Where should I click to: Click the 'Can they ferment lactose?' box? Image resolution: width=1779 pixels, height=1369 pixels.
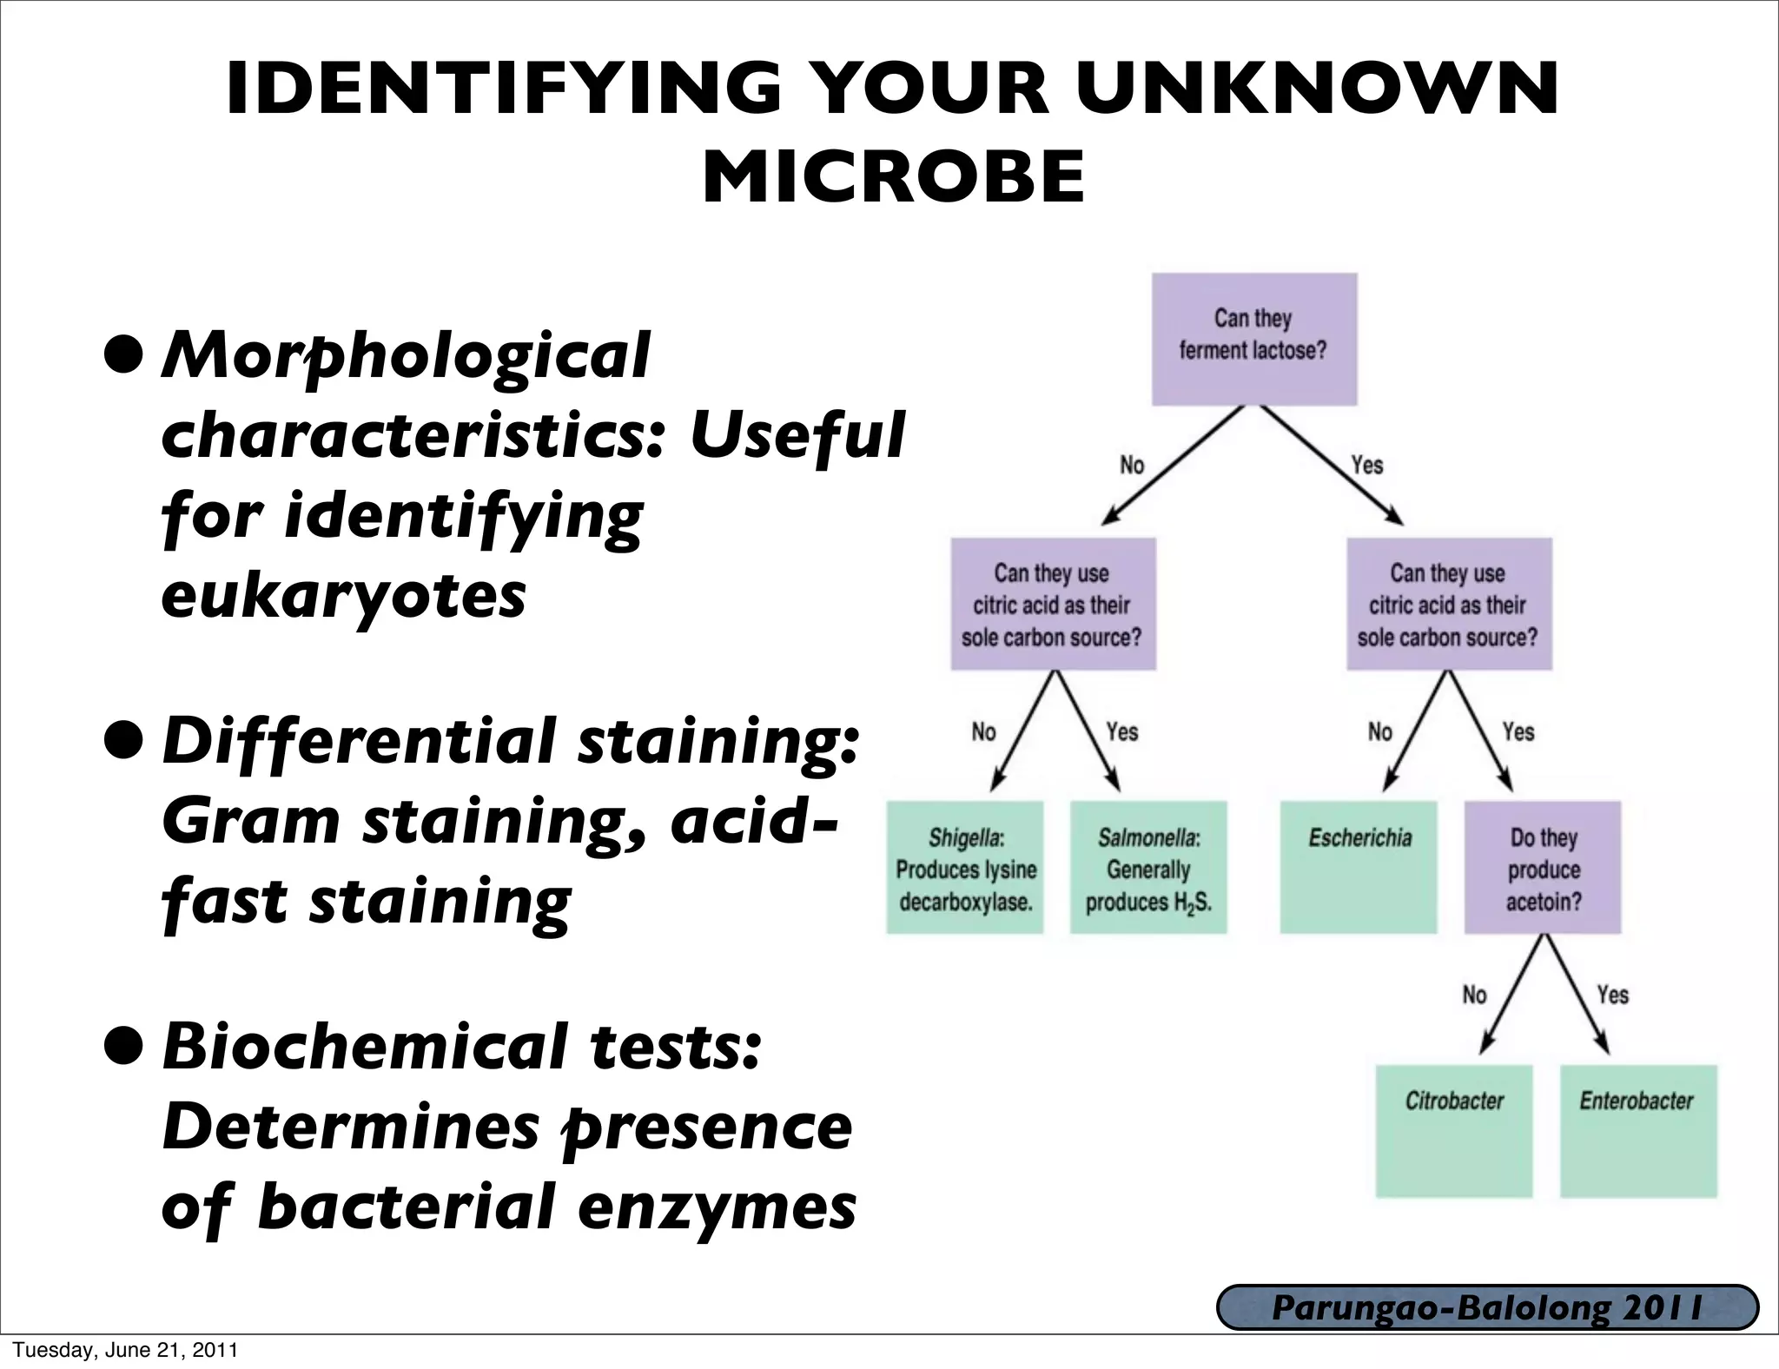(1253, 339)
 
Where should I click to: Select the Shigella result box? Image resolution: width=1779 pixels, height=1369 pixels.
(964, 868)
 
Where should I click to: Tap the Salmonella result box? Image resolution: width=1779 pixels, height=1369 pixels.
(1148, 868)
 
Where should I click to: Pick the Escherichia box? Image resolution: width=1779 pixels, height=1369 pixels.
(1359, 868)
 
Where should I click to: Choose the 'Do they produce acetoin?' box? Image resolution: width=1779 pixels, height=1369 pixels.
(1543, 868)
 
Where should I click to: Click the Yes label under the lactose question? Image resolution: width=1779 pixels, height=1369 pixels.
(1366, 466)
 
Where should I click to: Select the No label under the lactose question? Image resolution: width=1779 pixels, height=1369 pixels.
(1132, 466)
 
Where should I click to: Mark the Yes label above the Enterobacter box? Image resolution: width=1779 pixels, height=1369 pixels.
(1612, 995)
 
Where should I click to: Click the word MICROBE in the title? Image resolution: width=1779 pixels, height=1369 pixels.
(894, 177)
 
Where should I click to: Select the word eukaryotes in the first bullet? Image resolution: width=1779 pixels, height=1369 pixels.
(344, 596)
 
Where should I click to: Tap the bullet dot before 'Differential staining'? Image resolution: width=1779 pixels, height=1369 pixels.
(121, 741)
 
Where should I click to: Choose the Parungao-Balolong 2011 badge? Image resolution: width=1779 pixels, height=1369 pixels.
(1487, 1308)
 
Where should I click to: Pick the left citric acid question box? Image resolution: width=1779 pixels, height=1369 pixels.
(1053, 605)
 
